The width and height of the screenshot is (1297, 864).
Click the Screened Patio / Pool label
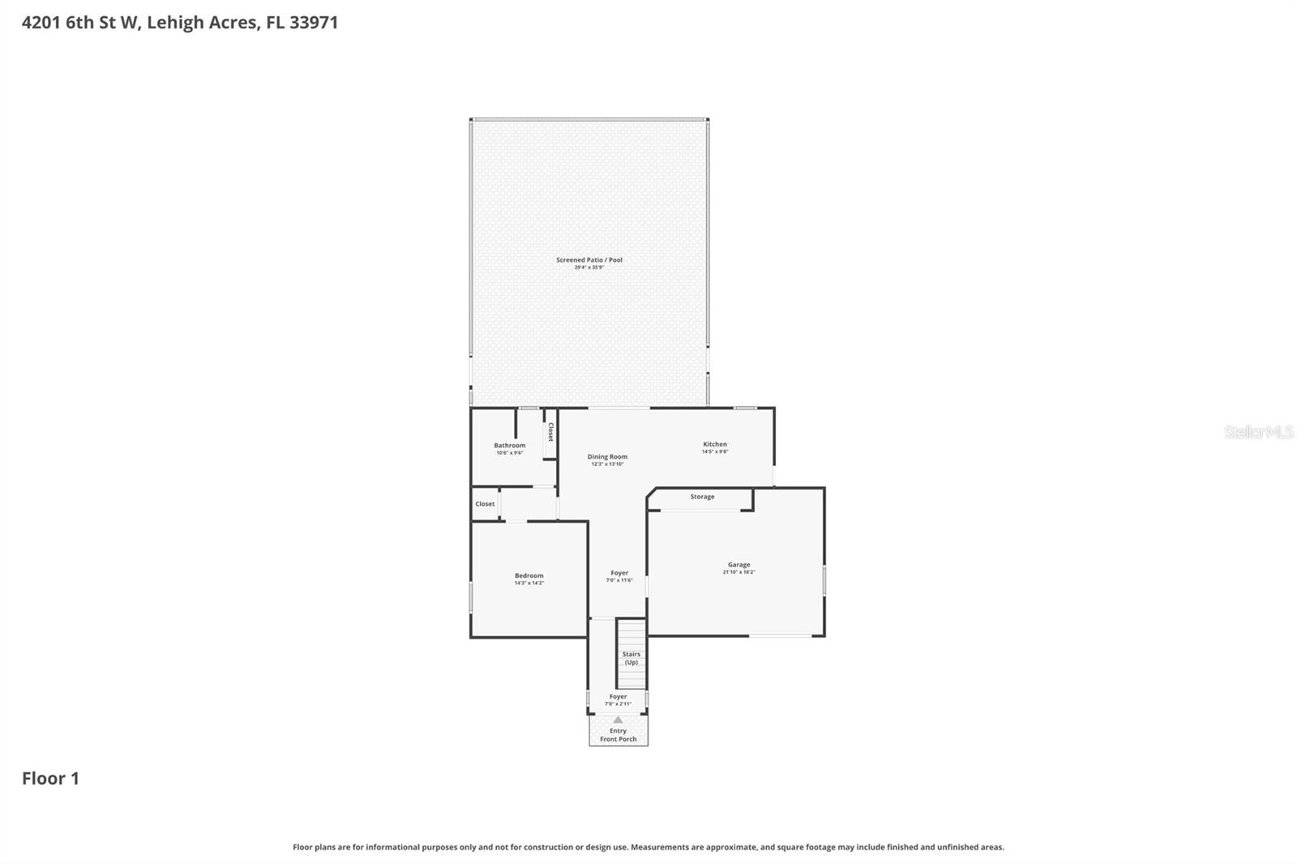(589, 260)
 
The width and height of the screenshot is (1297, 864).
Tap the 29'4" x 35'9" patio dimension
(589, 267)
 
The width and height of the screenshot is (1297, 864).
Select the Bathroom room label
(510, 445)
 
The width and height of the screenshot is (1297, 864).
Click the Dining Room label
(607, 456)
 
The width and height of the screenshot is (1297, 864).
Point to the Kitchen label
(715, 444)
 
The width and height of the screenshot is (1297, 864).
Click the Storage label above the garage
(702, 497)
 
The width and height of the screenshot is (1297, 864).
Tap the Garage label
(738, 565)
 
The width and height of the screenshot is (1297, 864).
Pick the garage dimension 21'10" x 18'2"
(738, 572)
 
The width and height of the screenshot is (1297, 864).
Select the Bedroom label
(529, 575)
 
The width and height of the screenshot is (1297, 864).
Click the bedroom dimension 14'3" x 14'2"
(529, 584)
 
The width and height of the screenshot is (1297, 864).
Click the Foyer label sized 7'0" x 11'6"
(619, 573)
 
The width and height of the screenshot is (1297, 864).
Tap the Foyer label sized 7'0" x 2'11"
(618, 696)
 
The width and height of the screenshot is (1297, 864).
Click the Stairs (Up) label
(631, 658)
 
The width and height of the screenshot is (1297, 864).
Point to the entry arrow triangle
(618, 720)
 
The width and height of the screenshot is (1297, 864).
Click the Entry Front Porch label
(618, 735)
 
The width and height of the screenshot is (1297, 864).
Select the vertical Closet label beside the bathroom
(550, 432)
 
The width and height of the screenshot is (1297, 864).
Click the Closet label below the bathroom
(485, 504)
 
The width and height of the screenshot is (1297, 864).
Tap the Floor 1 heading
(50, 779)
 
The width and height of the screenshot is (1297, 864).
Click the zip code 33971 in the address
(313, 23)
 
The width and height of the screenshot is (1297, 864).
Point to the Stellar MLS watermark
(1259, 432)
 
